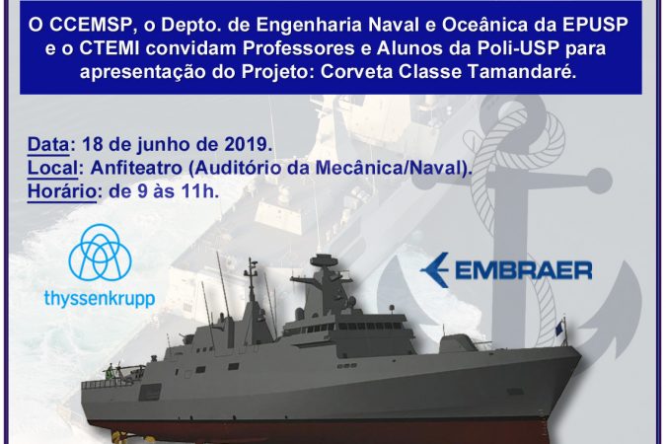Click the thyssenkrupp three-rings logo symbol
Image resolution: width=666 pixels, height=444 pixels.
(x=101, y=254)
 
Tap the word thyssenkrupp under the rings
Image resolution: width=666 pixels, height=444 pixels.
(x=100, y=299)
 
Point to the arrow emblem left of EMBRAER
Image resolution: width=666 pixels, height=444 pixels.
(x=434, y=269)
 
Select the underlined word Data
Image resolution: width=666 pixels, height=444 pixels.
(x=48, y=144)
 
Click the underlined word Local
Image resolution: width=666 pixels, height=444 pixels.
(x=53, y=168)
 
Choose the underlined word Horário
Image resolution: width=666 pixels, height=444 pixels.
(x=62, y=191)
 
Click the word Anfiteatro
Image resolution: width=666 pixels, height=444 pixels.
(x=136, y=168)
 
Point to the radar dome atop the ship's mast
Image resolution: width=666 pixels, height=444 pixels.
(x=324, y=259)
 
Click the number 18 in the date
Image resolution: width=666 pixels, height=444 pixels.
(x=93, y=144)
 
